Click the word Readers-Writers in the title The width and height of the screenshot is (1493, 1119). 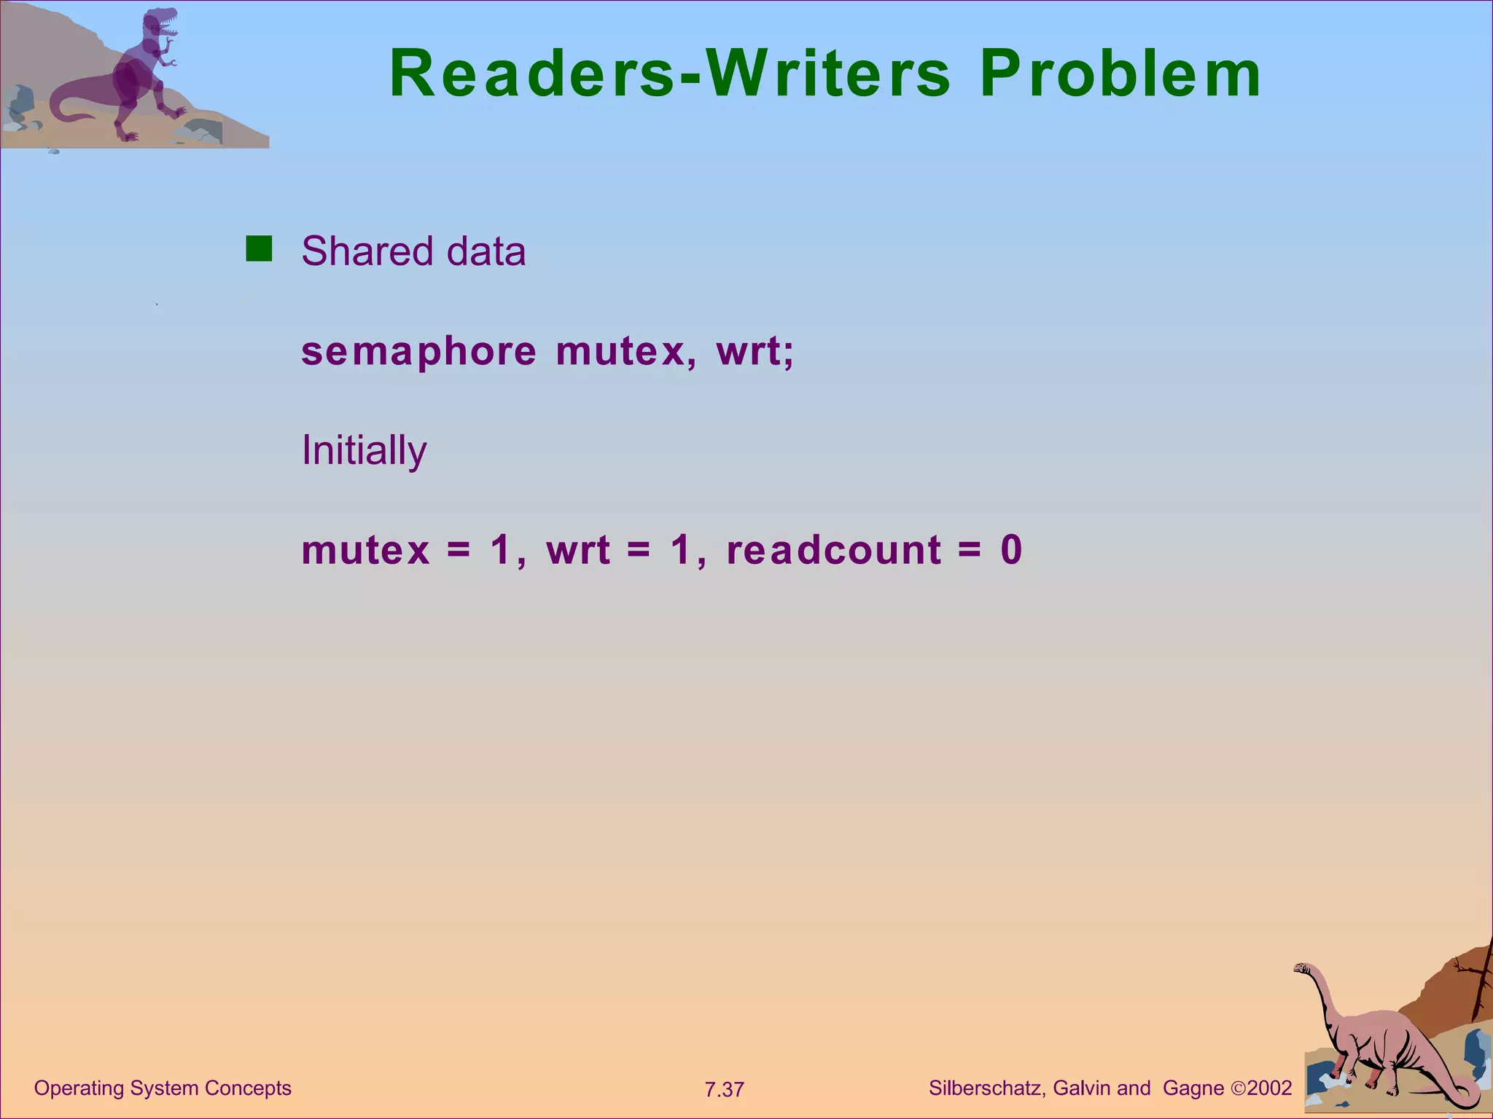670,74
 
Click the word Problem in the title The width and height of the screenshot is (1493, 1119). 1120,74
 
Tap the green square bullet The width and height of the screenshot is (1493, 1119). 259,248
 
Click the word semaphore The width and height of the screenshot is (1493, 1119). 418,352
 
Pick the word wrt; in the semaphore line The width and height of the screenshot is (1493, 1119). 755,351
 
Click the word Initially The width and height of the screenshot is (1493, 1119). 364,450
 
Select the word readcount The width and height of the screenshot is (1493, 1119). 834,550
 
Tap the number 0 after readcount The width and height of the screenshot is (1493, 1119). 1012,550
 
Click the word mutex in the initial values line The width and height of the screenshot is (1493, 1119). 366,550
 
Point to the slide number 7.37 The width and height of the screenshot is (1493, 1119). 724,1090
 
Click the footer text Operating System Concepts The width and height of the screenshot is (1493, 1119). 163,1088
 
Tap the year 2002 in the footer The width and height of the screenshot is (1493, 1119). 1269,1088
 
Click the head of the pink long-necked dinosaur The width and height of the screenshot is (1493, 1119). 1303,968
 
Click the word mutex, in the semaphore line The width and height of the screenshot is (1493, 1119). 620,352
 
